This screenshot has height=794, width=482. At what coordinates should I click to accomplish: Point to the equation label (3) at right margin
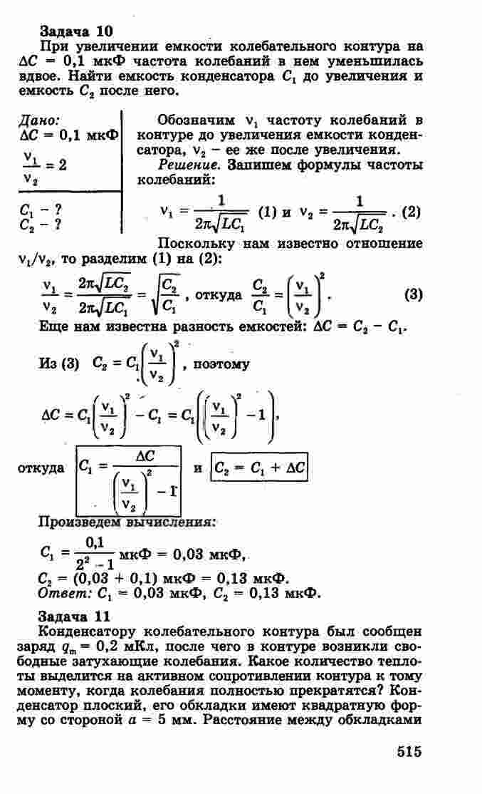pos(414,293)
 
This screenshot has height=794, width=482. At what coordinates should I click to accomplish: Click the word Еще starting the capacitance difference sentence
pos(50,326)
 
